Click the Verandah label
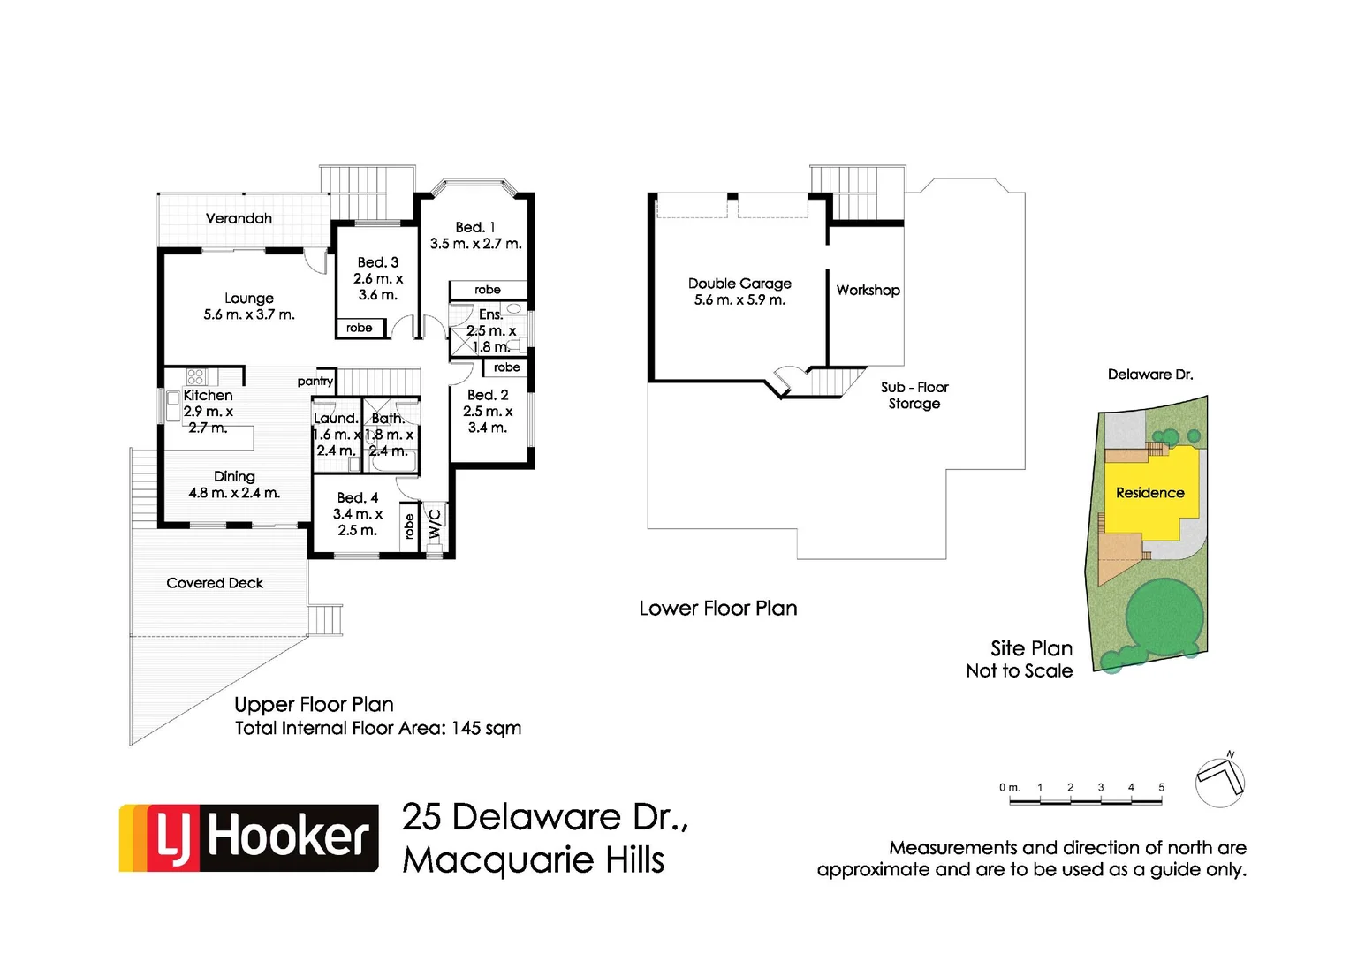click(239, 218)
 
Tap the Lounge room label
click(249, 299)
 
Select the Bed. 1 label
click(475, 228)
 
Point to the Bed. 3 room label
click(378, 262)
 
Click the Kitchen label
click(209, 396)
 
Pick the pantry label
click(315, 381)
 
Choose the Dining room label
click(234, 477)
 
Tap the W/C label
click(435, 525)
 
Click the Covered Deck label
click(215, 583)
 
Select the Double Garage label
click(739, 284)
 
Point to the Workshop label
click(868, 290)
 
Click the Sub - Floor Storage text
click(914, 395)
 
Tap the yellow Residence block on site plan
click(1149, 493)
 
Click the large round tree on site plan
click(1164, 617)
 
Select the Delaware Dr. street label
click(1150, 375)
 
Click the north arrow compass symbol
click(1220, 780)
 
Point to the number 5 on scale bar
click(1161, 787)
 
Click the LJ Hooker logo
click(249, 837)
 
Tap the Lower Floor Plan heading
click(717, 609)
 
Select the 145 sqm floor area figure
click(486, 729)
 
